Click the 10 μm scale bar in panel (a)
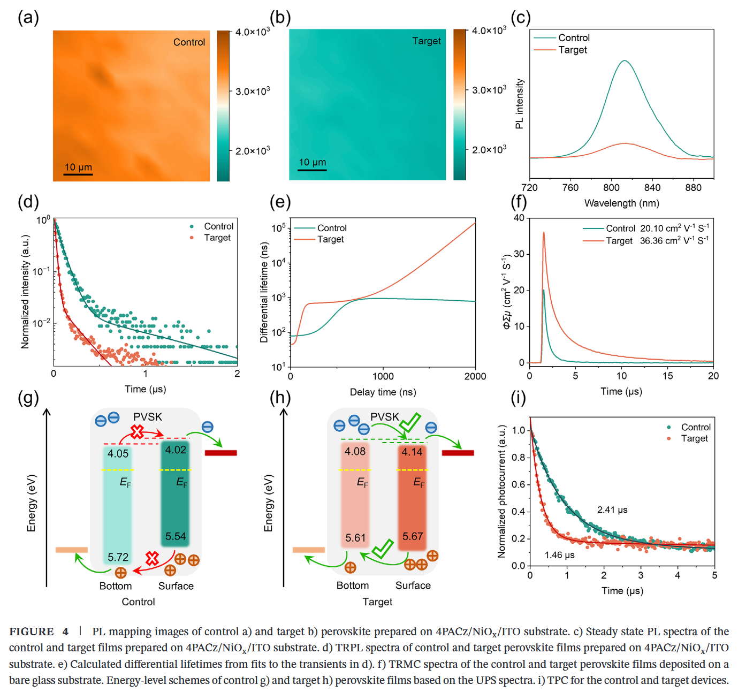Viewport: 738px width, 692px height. (78, 174)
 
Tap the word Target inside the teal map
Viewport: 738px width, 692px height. (427, 41)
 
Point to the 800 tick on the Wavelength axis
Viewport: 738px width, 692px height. (611, 187)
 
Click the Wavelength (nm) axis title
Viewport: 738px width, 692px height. (621, 203)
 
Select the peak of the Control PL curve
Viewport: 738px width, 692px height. (624, 60)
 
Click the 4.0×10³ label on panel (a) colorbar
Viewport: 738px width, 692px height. (252, 32)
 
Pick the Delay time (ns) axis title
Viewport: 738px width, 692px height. (383, 392)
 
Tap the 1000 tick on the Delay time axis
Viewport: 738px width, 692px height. (383, 376)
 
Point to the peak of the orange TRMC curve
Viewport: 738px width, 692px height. (544, 232)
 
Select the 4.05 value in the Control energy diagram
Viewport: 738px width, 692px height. (118, 454)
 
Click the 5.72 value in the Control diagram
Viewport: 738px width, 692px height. (118, 557)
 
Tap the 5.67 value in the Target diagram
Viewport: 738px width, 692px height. (413, 536)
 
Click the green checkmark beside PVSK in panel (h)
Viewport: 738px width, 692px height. (410, 422)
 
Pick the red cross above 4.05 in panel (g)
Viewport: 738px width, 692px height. (138, 431)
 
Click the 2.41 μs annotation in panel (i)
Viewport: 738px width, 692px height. (612, 510)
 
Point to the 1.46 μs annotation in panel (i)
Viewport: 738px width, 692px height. (560, 555)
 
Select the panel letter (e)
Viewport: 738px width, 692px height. (280, 202)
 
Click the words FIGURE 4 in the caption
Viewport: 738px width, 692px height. (39, 632)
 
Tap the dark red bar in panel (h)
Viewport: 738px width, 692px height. (458, 453)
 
